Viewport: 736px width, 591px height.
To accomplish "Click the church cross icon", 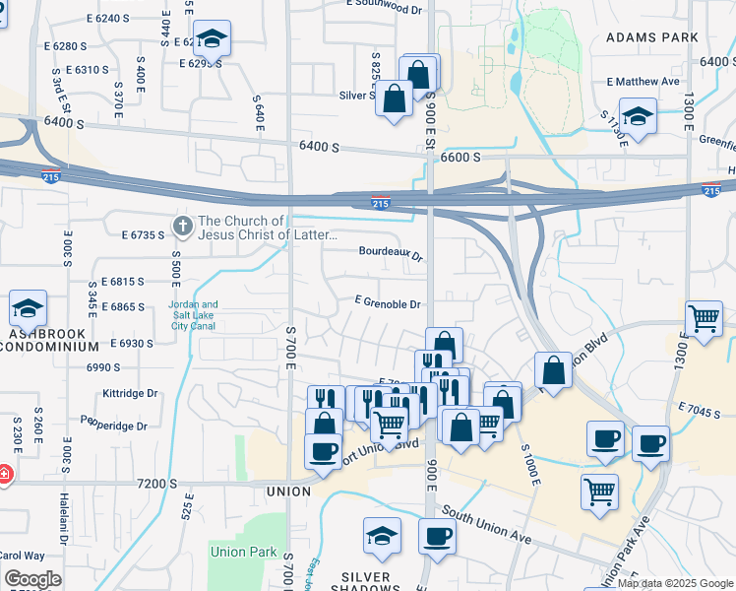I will coord(182,227).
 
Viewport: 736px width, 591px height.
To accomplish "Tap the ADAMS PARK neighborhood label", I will coord(651,37).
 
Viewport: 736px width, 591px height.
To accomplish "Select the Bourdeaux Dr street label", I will coord(391,253).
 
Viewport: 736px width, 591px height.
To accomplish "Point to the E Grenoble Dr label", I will coord(389,304).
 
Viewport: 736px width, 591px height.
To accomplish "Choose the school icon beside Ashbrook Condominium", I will coord(29,309).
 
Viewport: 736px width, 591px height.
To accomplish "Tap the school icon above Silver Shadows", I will coord(382,535).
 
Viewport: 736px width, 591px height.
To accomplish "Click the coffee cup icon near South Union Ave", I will coord(437,537).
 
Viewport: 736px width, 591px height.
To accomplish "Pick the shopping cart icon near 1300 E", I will coord(705,318).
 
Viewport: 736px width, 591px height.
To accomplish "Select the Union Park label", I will coord(243,553).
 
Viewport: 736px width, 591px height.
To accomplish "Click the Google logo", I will coord(32,579).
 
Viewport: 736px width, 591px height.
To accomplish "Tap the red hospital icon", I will coord(4,475).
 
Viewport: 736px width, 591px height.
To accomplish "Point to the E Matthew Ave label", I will coord(644,82).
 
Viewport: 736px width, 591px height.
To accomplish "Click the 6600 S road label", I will coord(460,158).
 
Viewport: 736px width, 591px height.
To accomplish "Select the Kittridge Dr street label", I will coord(130,393).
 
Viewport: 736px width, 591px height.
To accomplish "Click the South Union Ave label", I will coord(486,525).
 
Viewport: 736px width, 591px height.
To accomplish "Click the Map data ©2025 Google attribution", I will coord(674,583).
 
